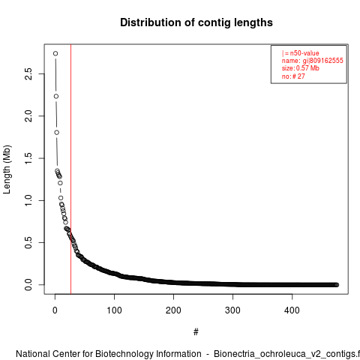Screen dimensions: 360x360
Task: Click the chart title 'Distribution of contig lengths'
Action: (x=196, y=22)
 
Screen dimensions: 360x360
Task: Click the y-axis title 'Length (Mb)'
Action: (x=7, y=169)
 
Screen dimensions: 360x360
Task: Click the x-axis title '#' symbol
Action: (x=196, y=332)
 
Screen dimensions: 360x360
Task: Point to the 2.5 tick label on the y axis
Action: (x=28, y=73)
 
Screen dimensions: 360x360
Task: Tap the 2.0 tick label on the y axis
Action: (x=28, y=116)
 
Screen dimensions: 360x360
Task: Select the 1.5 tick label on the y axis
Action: (x=28, y=158)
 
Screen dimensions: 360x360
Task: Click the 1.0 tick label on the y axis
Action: (x=28, y=200)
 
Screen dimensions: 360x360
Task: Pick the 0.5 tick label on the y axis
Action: (x=28, y=242)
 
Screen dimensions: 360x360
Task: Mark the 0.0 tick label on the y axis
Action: (x=28, y=285)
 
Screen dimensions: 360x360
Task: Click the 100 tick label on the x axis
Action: (x=114, y=310)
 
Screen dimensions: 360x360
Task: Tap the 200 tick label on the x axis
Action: (x=173, y=310)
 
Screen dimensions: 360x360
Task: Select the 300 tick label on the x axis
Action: (x=232, y=310)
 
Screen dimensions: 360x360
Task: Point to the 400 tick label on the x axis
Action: (x=292, y=310)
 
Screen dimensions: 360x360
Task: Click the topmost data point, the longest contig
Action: (x=55, y=53)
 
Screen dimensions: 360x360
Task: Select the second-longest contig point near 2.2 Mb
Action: (x=56, y=96)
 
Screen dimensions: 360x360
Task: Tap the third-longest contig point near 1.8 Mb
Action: (x=57, y=133)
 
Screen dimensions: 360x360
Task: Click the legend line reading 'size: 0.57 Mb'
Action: (x=301, y=68)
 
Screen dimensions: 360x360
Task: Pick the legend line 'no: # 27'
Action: (x=293, y=76)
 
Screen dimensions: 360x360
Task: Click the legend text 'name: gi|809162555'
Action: (x=313, y=61)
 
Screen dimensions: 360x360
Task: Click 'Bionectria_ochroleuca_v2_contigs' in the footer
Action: (x=284, y=354)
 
